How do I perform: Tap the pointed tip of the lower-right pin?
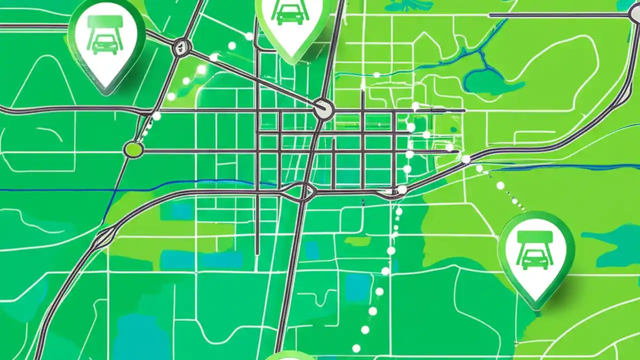pyautogui.click(x=537, y=306)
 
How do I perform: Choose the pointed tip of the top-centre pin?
pyautogui.click(x=293, y=62)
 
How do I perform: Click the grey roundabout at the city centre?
pyautogui.click(x=323, y=109)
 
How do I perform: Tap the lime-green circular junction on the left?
pyautogui.click(x=133, y=149)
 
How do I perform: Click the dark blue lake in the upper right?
pyautogui.click(x=487, y=82)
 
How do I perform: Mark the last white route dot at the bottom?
pyautogui.click(x=356, y=348)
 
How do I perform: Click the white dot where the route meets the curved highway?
pyautogui.click(x=402, y=189)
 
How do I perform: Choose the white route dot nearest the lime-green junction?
pyautogui.click(x=156, y=116)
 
